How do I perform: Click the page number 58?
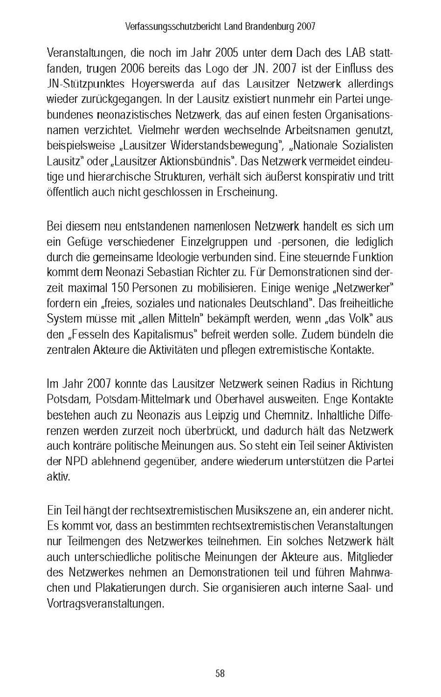tap(220, 674)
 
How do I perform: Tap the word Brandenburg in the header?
tap(269, 27)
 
